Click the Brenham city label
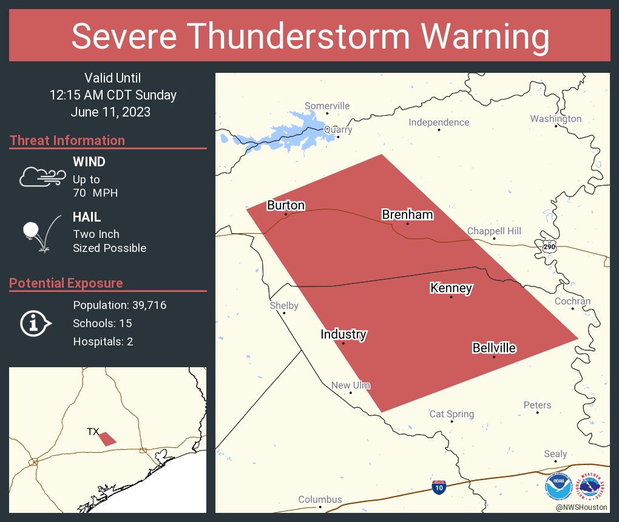click(399, 214)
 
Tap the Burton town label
click(286, 206)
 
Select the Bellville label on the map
click(494, 348)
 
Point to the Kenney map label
click(451, 288)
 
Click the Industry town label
click(343, 334)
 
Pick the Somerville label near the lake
click(327, 106)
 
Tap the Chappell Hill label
click(494, 231)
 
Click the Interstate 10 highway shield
click(439, 487)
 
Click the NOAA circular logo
click(558, 487)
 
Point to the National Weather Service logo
click(593, 487)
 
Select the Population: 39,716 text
click(120, 305)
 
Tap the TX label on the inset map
click(93, 432)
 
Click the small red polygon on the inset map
click(107, 439)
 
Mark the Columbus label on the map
click(320, 500)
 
